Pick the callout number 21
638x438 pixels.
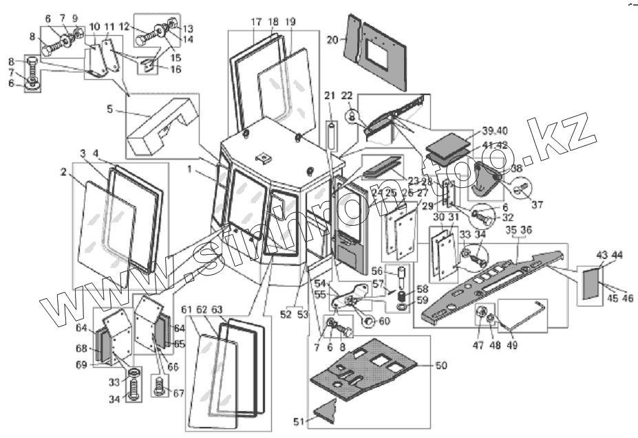[329, 94]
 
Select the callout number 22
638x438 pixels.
[347, 94]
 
